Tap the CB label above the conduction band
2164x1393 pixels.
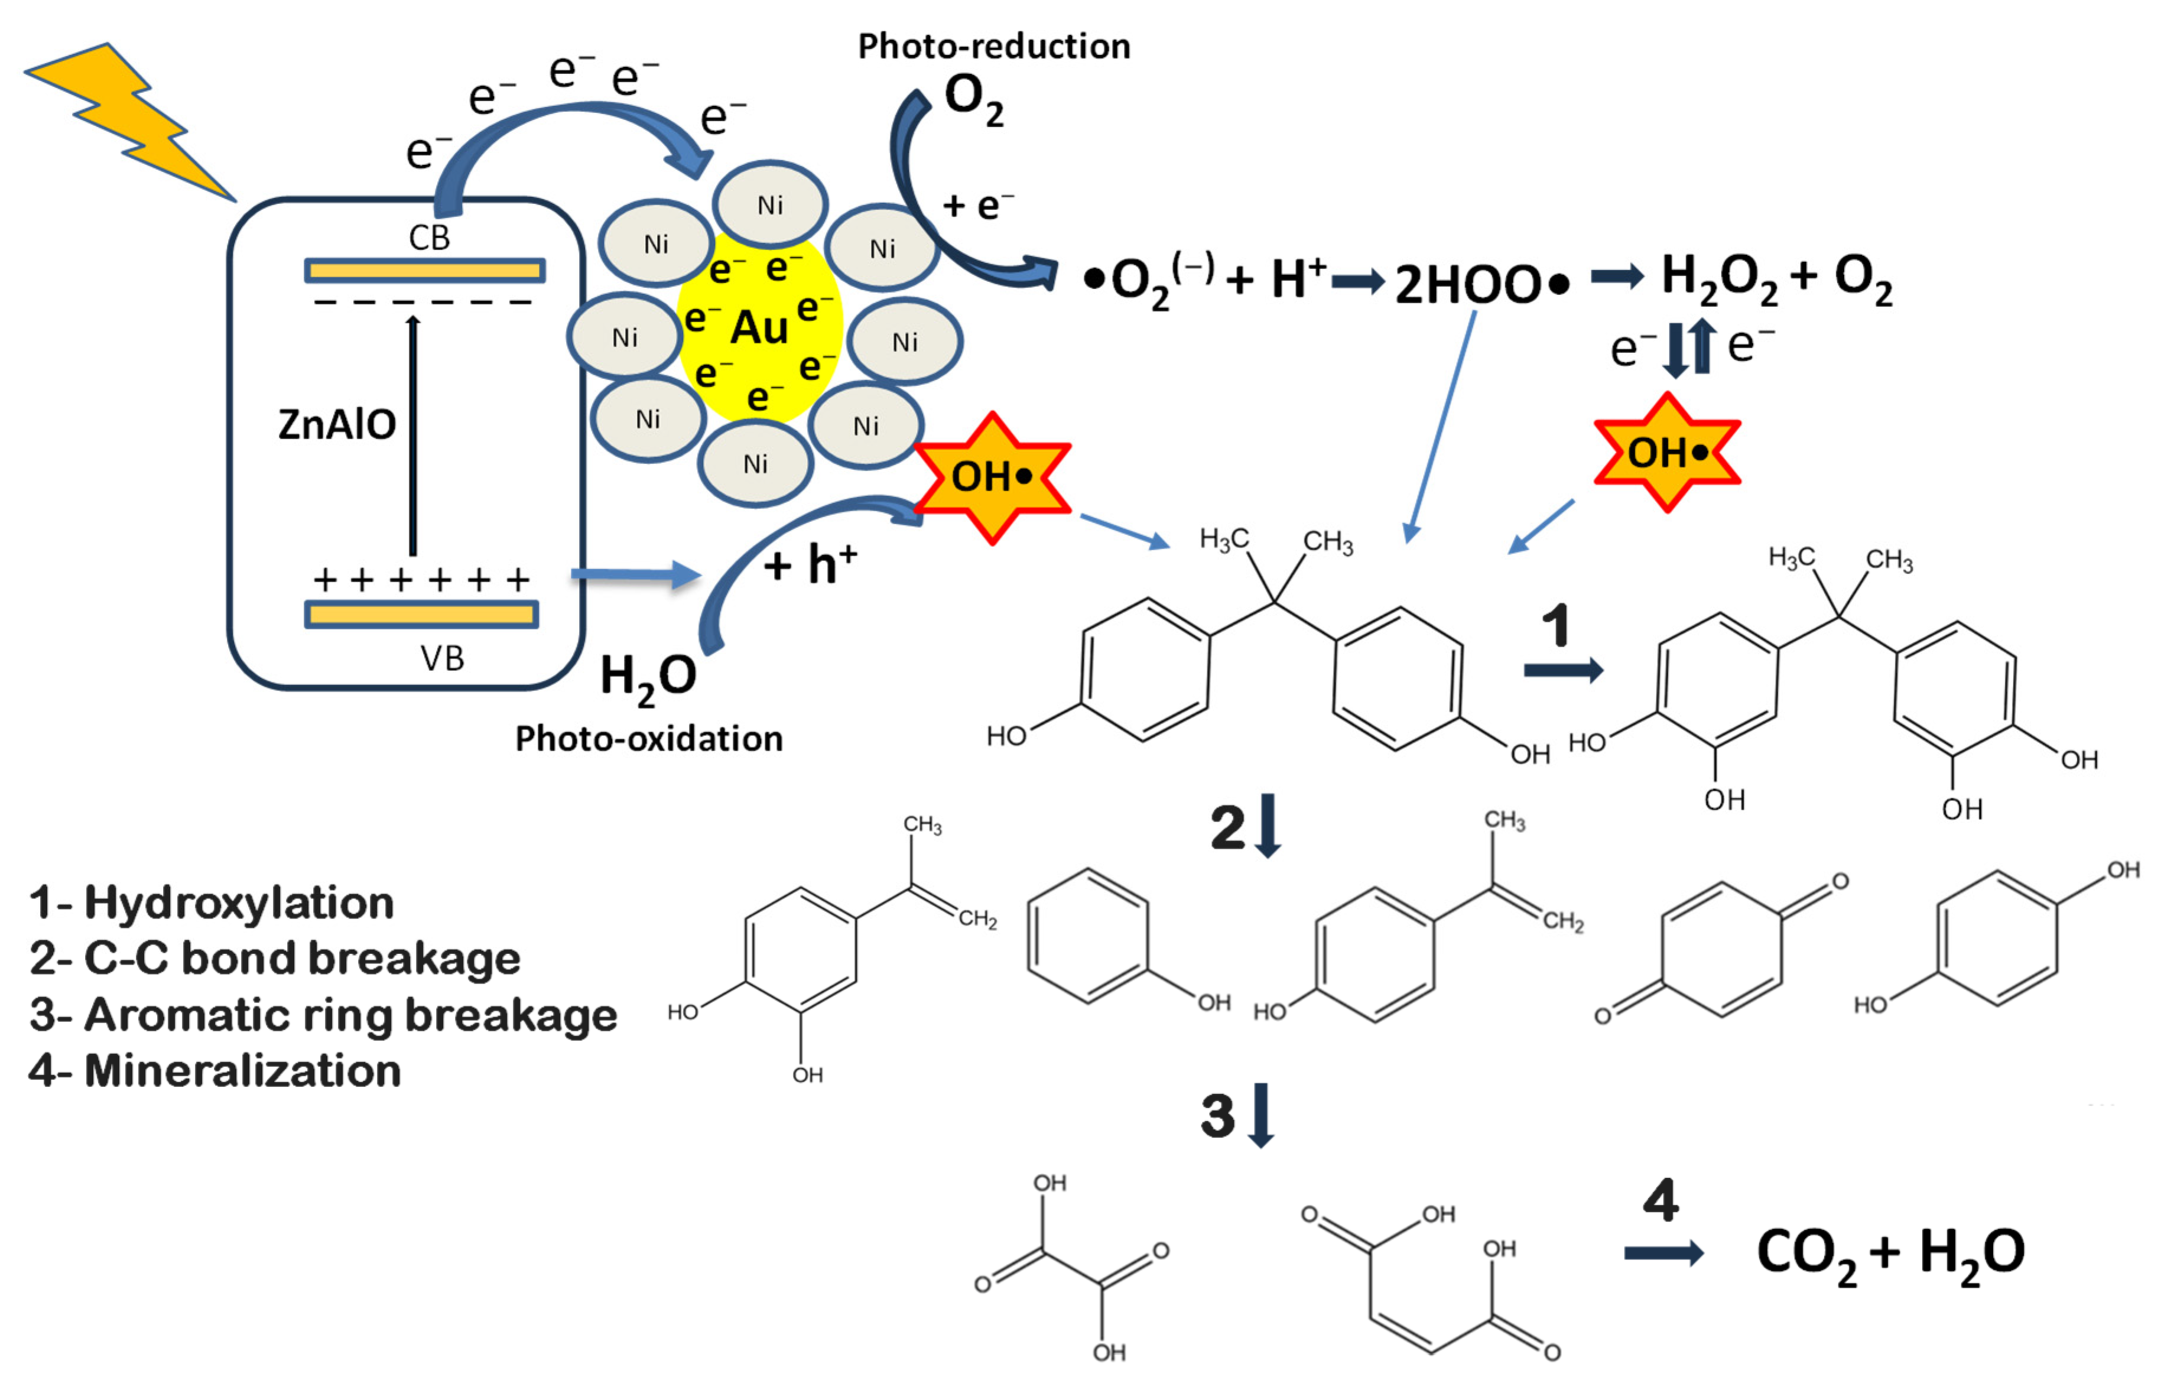click(x=428, y=238)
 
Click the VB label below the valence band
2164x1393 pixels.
click(x=441, y=658)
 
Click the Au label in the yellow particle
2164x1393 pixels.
click(x=759, y=327)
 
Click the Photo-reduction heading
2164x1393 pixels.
click(x=993, y=46)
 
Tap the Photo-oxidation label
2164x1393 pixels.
click(x=648, y=738)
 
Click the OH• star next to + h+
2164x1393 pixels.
click(x=992, y=477)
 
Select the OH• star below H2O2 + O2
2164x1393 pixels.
click(x=1666, y=452)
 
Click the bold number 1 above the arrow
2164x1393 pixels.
click(x=1555, y=626)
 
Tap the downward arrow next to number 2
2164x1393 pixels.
click(x=1268, y=825)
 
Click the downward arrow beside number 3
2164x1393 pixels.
click(x=1260, y=1115)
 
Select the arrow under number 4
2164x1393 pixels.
click(x=1663, y=1254)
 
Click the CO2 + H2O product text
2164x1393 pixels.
click(x=1890, y=1254)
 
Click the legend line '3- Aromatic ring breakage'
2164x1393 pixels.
click(x=323, y=1015)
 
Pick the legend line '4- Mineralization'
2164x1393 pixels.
click(x=215, y=1071)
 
